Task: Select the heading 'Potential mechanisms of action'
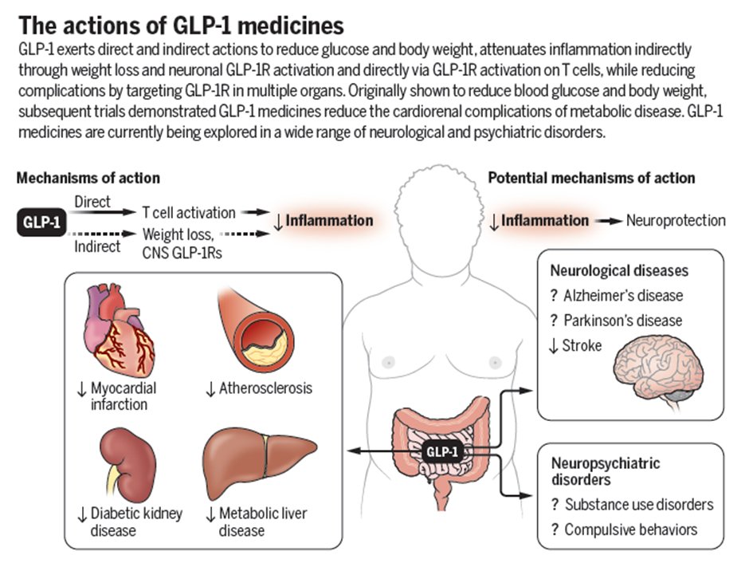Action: pyautogui.click(x=591, y=178)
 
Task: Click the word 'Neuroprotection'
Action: pyautogui.click(x=676, y=221)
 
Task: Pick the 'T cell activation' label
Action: pyautogui.click(x=189, y=213)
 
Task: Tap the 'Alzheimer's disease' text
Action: pyautogui.click(x=622, y=295)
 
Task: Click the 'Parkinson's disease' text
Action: pyautogui.click(x=622, y=321)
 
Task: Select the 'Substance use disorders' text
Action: pyautogui.click(x=638, y=504)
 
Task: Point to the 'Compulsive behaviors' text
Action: pyautogui.click(x=630, y=530)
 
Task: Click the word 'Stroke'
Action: pyautogui.click(x=585, y=345)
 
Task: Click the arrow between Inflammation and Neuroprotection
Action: pyautogui.click(x=609, y=221)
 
